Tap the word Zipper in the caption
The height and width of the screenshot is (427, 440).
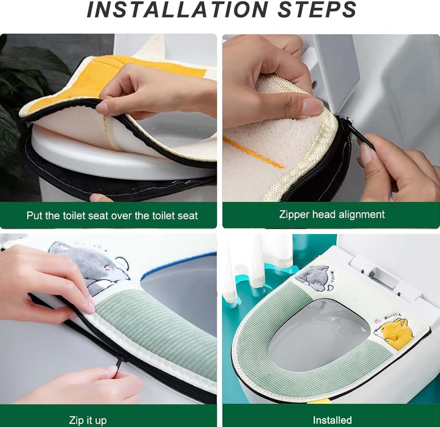click(294, 214)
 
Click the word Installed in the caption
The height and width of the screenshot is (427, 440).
click(332, 420)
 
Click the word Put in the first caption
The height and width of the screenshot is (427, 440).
click(34, 215)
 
